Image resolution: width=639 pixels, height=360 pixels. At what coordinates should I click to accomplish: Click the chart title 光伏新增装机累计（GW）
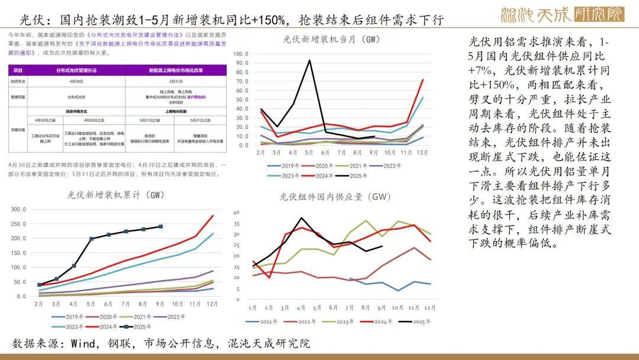116,195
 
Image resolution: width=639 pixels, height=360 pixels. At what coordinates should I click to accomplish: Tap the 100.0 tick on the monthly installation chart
240,53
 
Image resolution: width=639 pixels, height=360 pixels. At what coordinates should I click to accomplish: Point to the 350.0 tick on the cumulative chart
19,209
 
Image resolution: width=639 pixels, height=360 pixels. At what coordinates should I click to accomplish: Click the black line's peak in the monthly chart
309,60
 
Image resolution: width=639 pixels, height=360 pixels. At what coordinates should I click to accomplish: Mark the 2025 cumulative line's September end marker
160,226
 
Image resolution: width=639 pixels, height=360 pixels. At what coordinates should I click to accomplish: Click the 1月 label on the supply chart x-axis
253,307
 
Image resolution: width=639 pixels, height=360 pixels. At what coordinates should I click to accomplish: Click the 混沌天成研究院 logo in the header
561,14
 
